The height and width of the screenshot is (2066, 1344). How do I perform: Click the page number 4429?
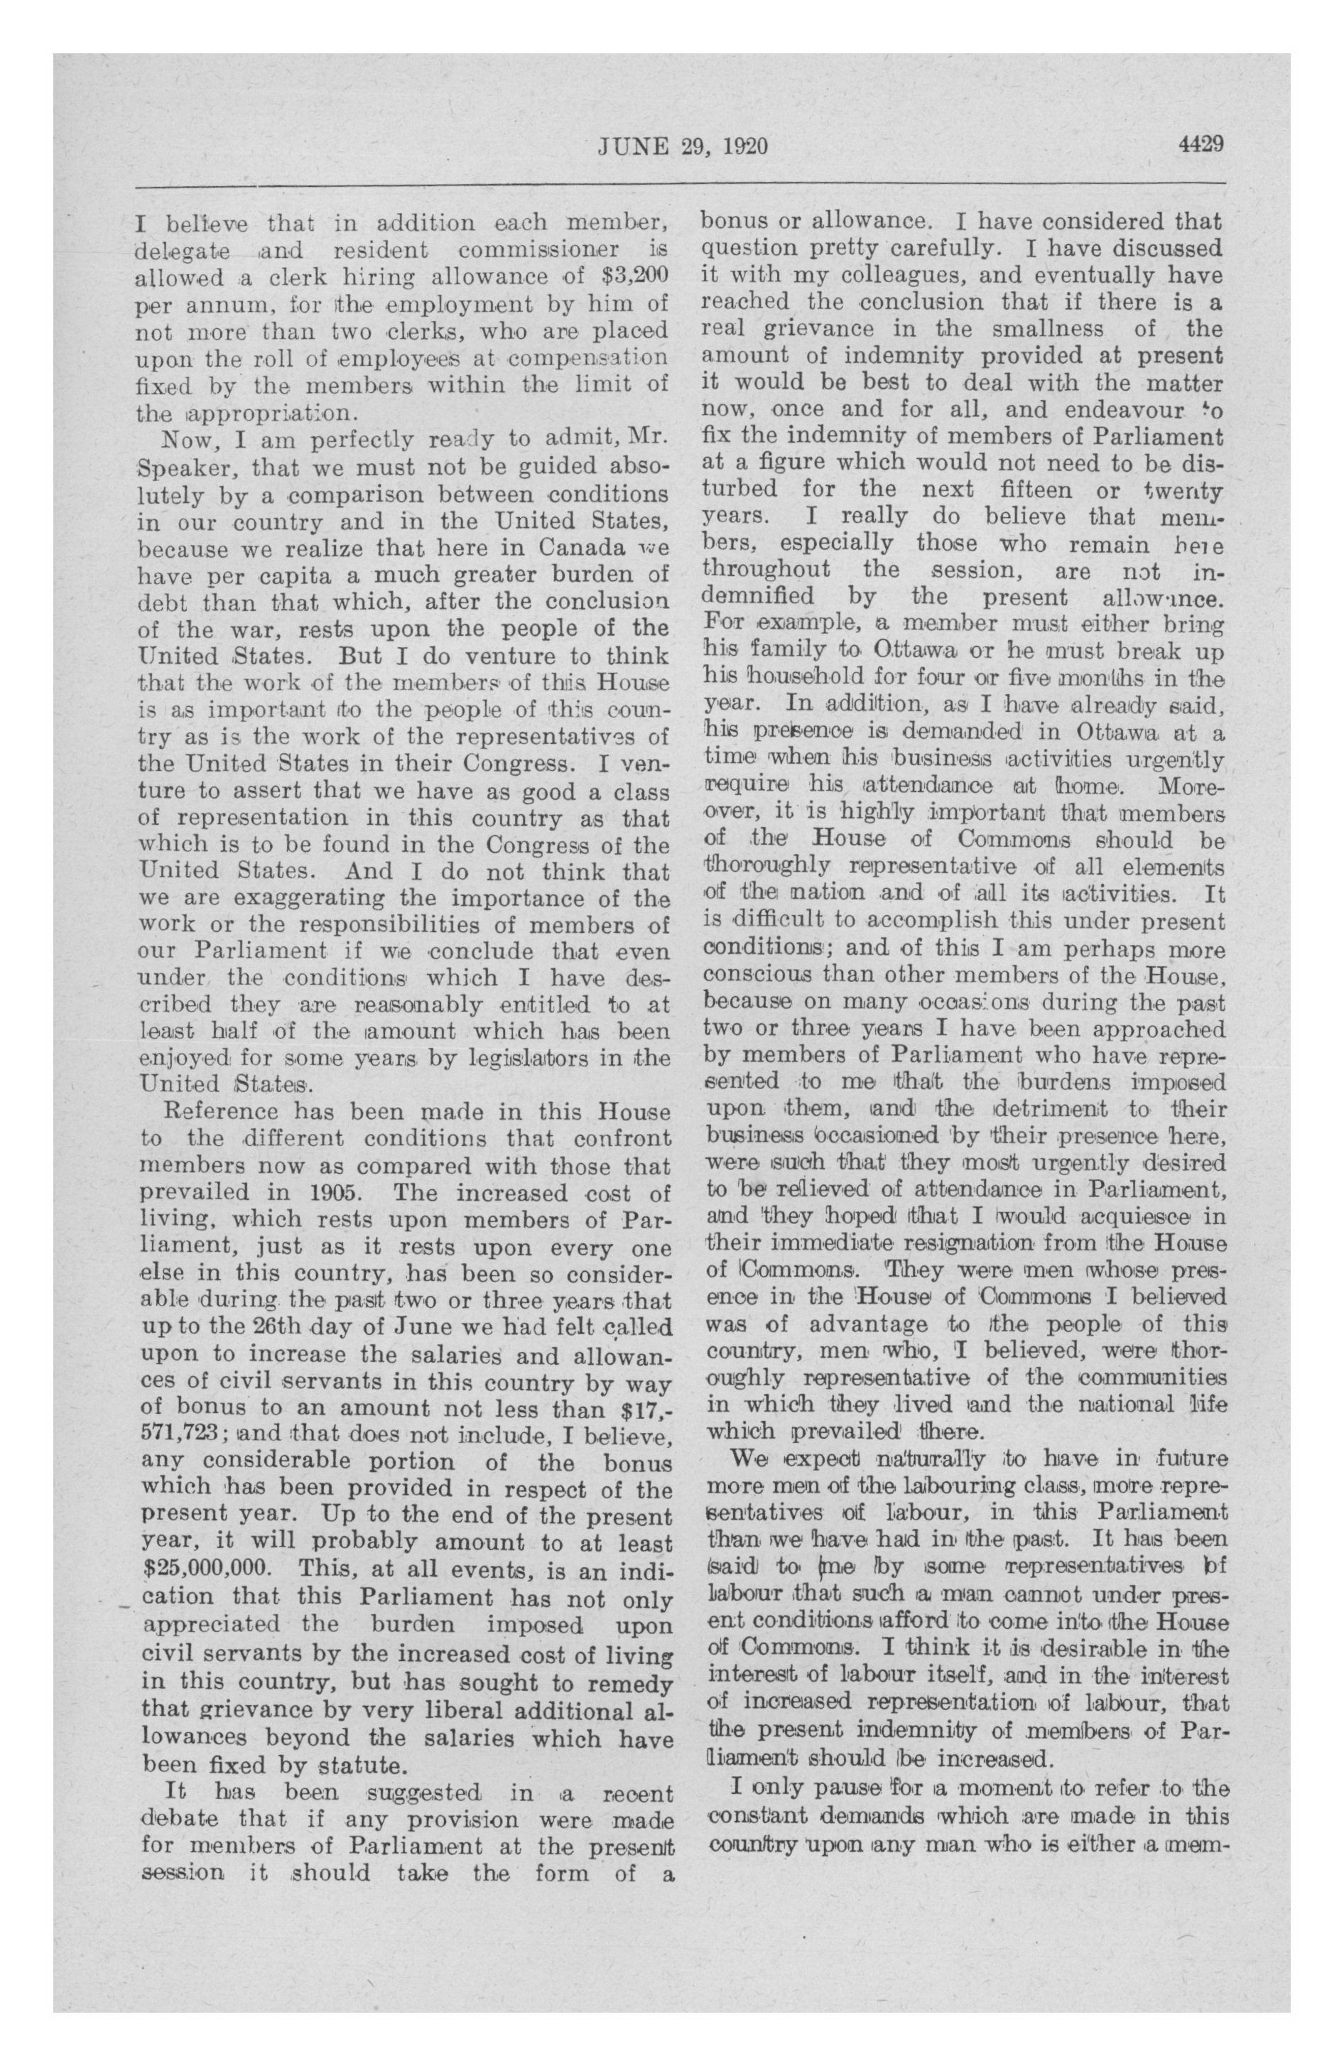click(1201, 145)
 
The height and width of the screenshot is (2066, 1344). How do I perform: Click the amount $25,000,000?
click(207, 1569)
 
